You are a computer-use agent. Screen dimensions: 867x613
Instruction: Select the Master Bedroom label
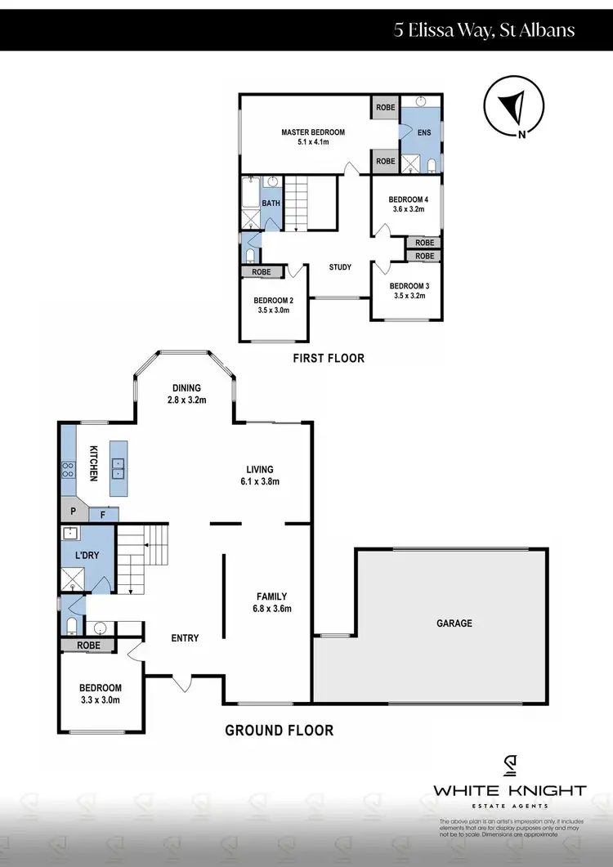pos(313,132)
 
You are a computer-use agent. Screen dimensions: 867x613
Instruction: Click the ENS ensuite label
pos(423,132)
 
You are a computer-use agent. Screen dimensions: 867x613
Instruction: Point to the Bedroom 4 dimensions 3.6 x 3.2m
pos(407,209)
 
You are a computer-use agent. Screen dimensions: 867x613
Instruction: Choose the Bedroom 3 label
pos(407,285)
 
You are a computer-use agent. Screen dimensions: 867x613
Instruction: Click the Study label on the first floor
pos(340,267)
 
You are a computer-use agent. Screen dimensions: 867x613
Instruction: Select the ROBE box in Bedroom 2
pos(262,272)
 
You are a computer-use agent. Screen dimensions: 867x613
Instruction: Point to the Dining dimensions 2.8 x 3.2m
pos(186,400)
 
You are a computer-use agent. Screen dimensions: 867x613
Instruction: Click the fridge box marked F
pos(103,515)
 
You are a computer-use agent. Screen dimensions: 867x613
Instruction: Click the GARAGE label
pos(454,623)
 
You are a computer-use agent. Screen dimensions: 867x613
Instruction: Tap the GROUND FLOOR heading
pos(279,730)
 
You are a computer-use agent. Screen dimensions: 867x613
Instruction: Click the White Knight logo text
pos(509,790)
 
